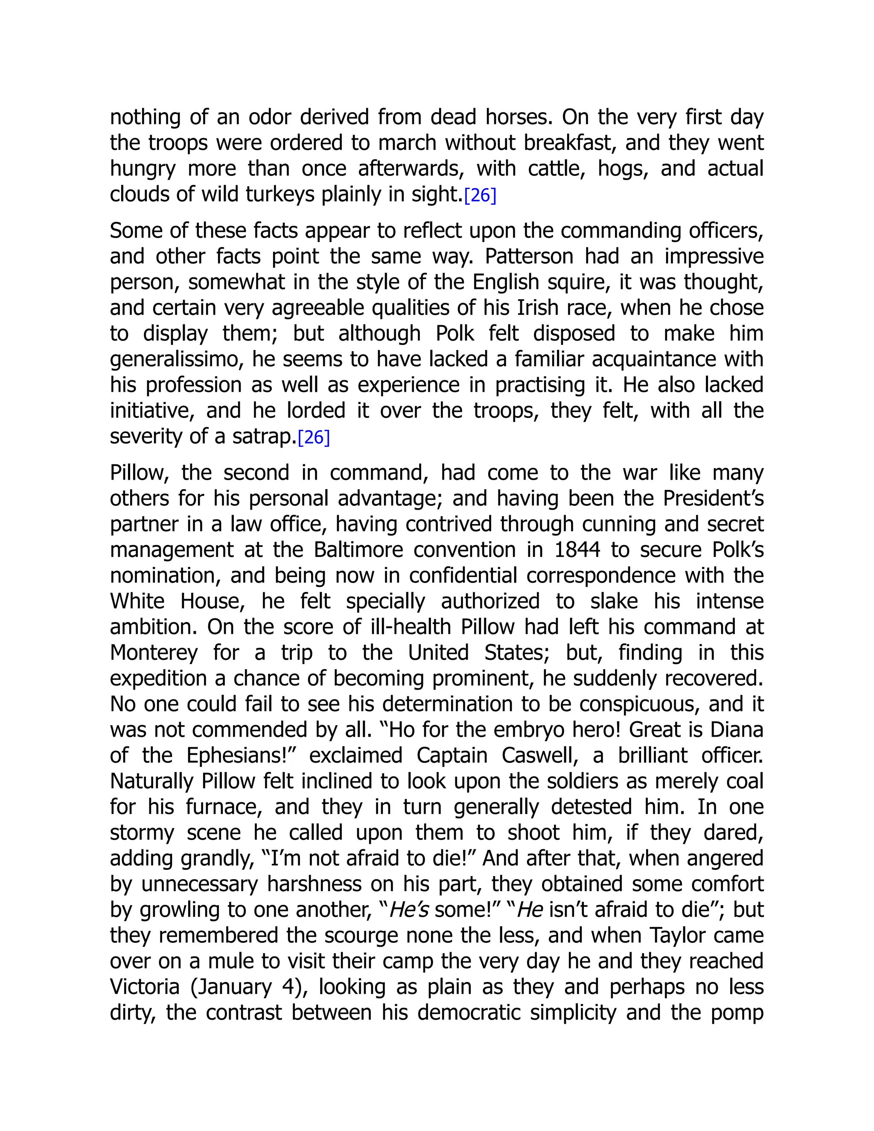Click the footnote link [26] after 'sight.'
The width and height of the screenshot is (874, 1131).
click(x=480, y=195)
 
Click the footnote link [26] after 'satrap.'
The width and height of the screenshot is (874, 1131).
click(x=314, y=437)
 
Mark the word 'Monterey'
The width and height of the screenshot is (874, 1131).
click(x=154, y=653)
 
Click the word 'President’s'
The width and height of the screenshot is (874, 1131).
click(x=713, y=498)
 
